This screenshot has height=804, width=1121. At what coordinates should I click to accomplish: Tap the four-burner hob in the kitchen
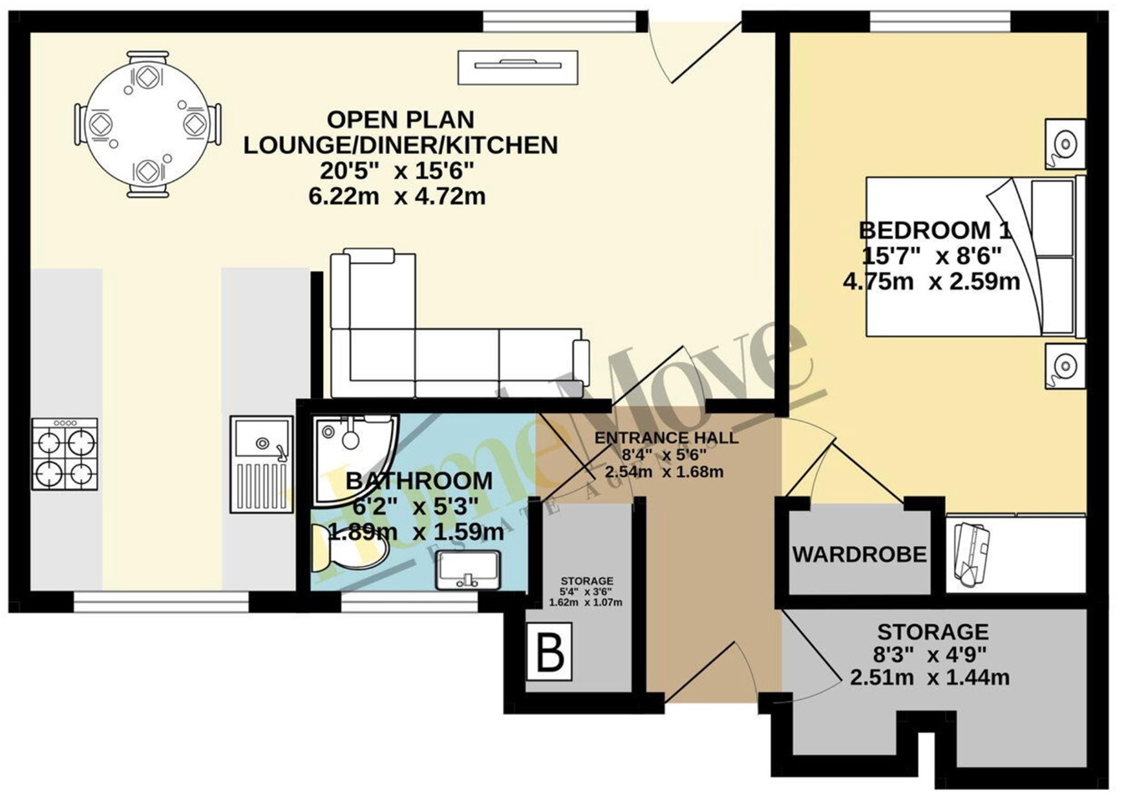point(64,454)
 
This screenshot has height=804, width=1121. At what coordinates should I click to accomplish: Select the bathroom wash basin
point(468,569)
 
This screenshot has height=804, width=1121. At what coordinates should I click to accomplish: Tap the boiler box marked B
point(549,652)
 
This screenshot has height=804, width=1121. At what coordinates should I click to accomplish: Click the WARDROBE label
point(859,554)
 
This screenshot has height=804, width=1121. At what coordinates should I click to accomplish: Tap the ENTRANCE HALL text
point(666,438)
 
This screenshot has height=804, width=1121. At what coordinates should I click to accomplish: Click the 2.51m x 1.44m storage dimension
point(929,678)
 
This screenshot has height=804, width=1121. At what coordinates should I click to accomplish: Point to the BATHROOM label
point(419,481)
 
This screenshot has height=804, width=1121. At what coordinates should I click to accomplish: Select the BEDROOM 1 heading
point(934,229)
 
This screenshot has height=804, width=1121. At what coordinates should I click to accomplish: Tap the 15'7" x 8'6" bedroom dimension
point(931,255)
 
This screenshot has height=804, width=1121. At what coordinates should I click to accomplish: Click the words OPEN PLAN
point(400,119)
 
